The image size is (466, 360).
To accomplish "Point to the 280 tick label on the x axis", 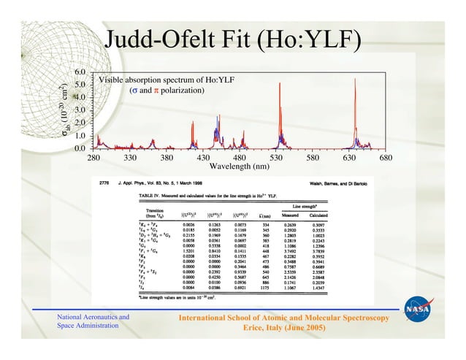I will point(93,158).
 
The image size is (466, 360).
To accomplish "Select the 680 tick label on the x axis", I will point(386,158).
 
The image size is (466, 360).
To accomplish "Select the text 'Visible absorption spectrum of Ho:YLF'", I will point(166,80).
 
